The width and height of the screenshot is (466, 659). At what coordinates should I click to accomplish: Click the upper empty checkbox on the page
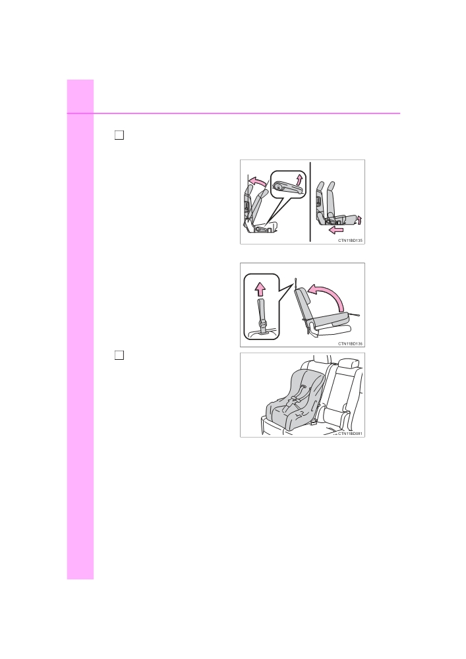click(x=119, y=135)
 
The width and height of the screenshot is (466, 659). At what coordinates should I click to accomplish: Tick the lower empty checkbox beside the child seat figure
click(x=119, y=355)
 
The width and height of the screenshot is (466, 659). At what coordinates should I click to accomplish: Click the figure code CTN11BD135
click(x=351, y=241)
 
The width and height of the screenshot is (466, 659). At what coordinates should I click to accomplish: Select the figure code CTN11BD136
click(x=351, y=344)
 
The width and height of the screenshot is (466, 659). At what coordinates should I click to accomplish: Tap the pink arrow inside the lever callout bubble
click(x=299, y=179)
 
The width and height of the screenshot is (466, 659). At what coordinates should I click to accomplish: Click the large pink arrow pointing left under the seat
click(x=336, y=230)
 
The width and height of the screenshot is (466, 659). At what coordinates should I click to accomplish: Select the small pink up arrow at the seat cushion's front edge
click(x=359, y=220)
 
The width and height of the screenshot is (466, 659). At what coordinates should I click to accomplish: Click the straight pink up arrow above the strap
click(x=260, y=289)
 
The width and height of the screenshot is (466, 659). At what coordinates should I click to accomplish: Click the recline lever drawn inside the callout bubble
click(x=287, y=186)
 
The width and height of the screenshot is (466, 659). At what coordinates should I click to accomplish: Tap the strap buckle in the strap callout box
click(x=263, y=324)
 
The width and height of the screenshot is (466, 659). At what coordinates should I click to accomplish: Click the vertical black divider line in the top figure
click(x=310, y=202)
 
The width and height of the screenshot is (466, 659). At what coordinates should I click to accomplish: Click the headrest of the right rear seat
click(x=347, y=364)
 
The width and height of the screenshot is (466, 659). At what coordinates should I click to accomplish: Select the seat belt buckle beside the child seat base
click(x=314, y=420)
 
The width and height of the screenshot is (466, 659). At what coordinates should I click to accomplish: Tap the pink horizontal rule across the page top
click(x=233, y=113)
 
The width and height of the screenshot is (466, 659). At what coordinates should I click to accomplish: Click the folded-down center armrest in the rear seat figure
click(x=334, y=416)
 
